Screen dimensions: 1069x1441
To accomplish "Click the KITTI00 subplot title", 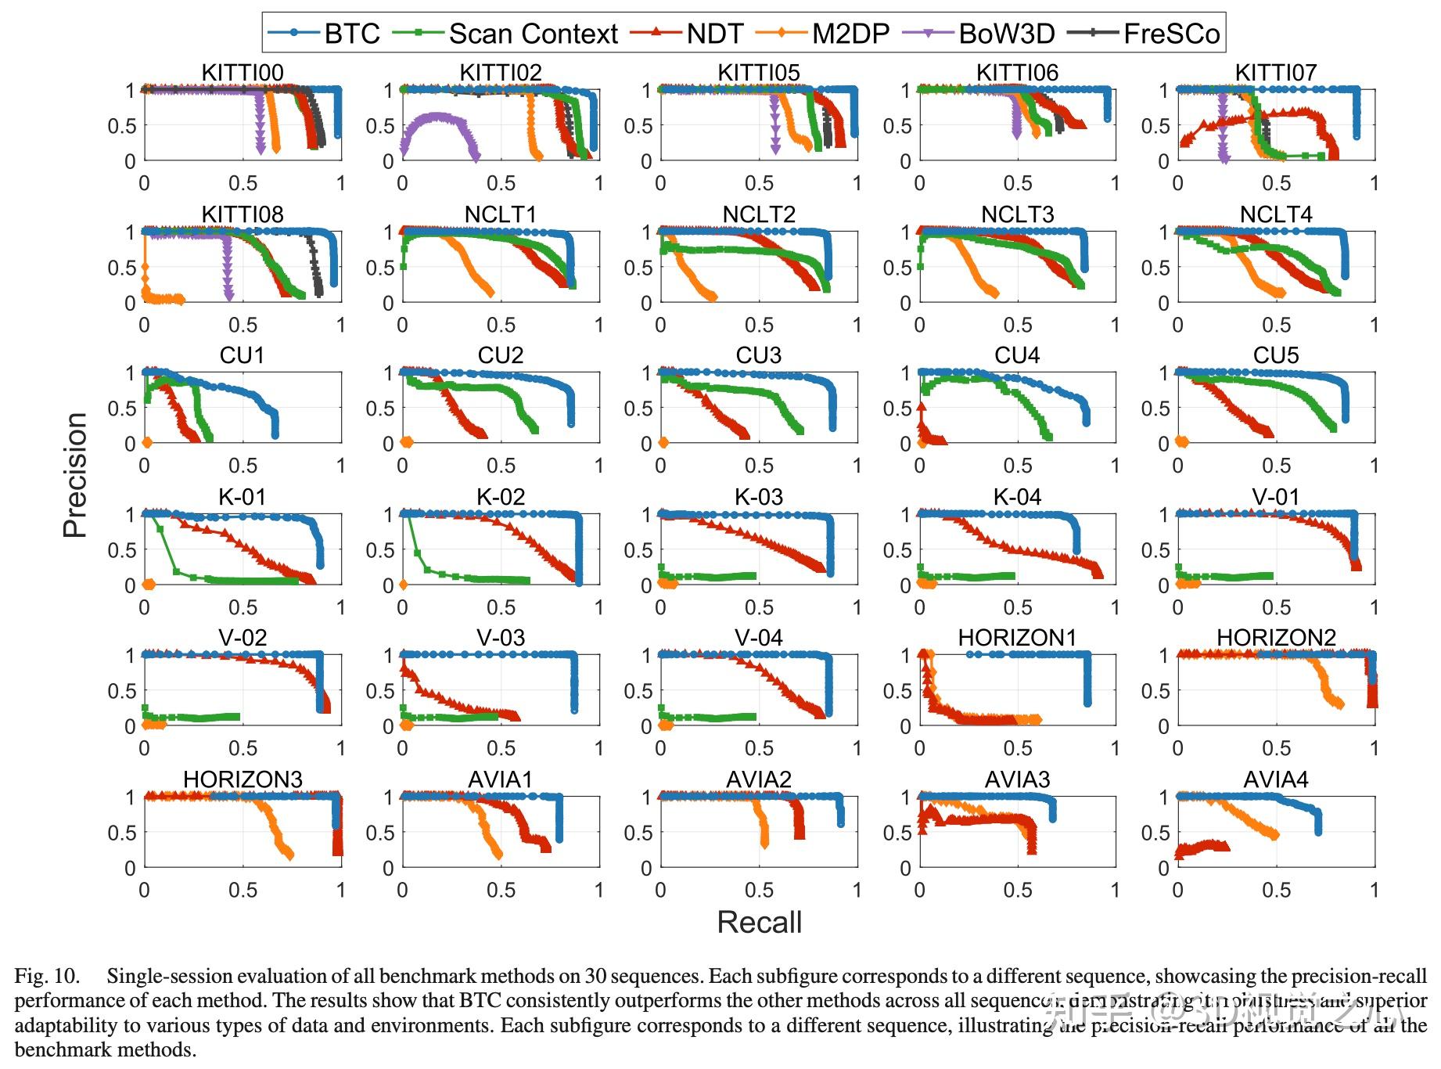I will pos(243,73).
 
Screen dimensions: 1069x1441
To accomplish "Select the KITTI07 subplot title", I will pos(1276,73).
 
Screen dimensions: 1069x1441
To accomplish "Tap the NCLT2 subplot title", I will pos(759,214).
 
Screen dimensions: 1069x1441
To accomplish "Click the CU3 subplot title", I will pos(759,355).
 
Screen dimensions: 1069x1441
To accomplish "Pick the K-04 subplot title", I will pos(1017,497).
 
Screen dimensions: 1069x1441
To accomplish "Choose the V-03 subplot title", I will pos(501,638).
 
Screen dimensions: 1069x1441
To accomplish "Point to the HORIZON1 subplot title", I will pos(1017,638).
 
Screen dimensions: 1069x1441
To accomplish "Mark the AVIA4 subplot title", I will pos(1276,779).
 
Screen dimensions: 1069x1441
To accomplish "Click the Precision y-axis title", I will pos(75,475).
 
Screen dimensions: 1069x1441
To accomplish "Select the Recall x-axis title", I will pos(760,923).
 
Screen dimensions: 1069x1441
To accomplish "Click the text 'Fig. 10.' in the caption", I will pos(47,976).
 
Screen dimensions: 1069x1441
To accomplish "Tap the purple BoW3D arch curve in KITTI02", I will pos(439,117).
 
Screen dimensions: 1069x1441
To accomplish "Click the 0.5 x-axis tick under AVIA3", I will pos(1018,890).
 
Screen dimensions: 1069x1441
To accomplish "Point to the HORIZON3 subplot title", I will pos(243,779).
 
